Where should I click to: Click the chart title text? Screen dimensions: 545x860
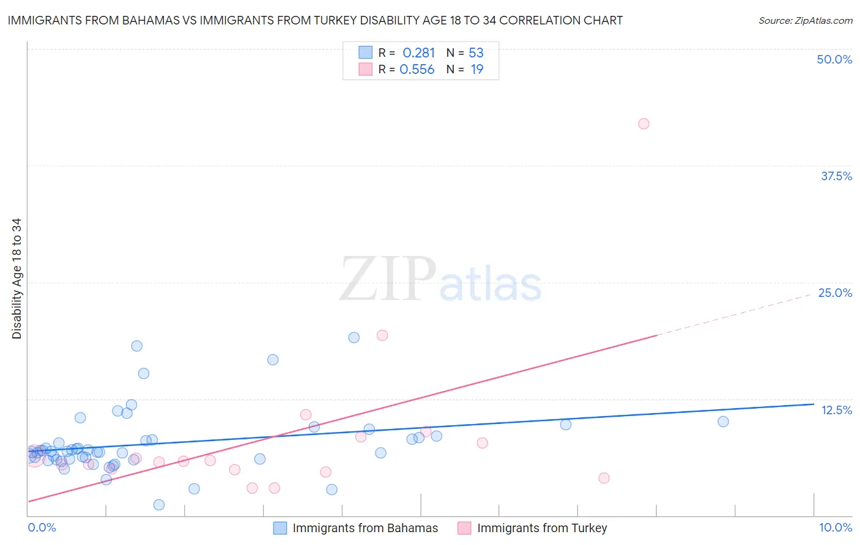[315, 20]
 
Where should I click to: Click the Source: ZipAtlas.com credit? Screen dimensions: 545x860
[805, 21]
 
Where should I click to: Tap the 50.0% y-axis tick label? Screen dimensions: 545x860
[834, 59]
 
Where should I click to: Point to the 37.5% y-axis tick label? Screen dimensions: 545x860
[836, 176]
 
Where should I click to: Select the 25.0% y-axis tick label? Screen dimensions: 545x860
[835, 293]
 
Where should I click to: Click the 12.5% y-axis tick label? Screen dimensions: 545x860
[836, 410]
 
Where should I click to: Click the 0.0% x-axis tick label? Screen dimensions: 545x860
[42, 527]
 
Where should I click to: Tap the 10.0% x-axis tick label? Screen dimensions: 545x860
[835, 527]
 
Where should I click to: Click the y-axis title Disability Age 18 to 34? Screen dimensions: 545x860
[17, 279]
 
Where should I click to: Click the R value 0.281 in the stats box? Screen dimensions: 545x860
[418, 53]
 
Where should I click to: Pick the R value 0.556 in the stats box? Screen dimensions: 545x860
[417, 70]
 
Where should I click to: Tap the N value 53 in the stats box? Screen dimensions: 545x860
[476, 53]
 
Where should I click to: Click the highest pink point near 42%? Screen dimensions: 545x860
[643, 124]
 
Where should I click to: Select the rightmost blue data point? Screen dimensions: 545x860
[723, 422]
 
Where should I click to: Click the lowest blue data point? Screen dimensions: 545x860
[159, 505]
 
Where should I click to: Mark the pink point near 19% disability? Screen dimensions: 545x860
[382, 335]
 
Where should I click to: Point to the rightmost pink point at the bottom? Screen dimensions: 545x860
[604, 478]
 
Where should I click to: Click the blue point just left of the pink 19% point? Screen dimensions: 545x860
[354, 338]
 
